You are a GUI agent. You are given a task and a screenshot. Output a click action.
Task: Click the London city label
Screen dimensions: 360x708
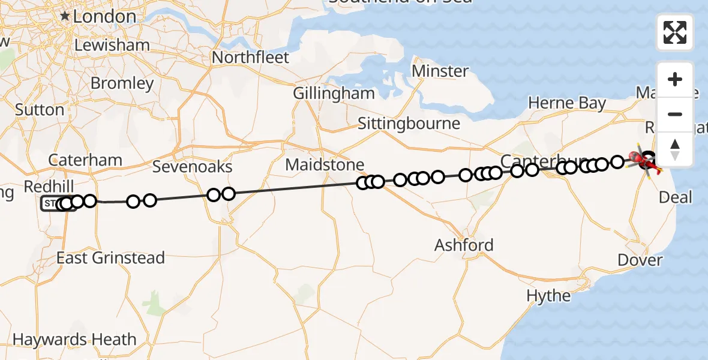pyautogui.click(x=105, y=17)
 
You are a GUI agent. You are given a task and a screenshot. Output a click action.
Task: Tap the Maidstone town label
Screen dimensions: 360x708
pyautogui.click(x=325, y=164)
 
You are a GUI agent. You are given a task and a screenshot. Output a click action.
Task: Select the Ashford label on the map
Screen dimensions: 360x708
pyautogui.click(x=464, y=245)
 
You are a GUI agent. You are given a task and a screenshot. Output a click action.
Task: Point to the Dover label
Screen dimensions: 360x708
pyautogui.click(x=640, y=260)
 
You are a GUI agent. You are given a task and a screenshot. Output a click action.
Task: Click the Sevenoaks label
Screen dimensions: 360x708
pyautogui.click(x=192, y=166)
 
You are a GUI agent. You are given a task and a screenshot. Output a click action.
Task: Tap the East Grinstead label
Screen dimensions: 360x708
pyautogui.click(x=110, y=258)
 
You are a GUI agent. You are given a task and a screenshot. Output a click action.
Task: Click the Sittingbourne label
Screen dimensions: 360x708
pyautogui.click(x=409, y=124)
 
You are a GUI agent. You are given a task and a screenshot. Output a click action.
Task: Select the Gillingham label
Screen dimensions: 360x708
pyautogui.click(x=334, y=94)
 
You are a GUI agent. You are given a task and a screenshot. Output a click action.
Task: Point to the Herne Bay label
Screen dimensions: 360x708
pyautogui.click(x=567, y=103)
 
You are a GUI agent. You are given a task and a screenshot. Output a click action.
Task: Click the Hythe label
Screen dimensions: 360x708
pyautogui.click(x=548, y=295)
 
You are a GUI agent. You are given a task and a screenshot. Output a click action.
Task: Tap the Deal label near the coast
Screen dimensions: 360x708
pyautogui.click(x=675, y=197)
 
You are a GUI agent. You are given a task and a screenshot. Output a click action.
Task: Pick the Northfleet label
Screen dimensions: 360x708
pyautogui.click(x=251, y=58)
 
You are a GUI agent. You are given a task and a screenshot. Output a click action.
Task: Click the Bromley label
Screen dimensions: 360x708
pyautogui.click(x=122, y=83)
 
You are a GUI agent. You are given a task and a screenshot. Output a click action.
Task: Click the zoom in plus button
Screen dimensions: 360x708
pyautogui.click(x=675, y=79)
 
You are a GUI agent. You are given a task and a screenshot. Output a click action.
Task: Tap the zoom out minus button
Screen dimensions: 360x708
pyautogui.click(x=675, y=114)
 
